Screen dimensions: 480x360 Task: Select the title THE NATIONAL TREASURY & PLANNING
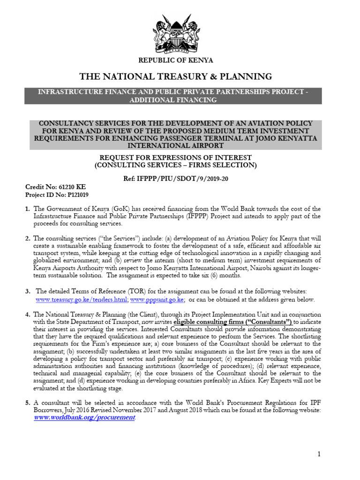click(x=175, y=76)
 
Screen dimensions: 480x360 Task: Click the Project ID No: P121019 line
click(x=57, y=194)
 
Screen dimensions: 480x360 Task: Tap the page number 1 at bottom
click(x=319, y=454)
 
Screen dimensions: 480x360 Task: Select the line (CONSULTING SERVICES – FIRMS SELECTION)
click(x=175, y=165)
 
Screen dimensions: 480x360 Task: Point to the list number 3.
click(x=27, y=292)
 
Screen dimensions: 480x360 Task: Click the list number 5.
click(x=27, y=402)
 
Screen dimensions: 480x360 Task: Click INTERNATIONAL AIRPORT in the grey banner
click(x=175, y=146)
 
